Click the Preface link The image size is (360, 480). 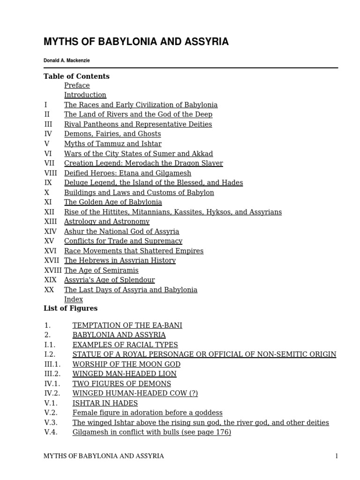point(77,85)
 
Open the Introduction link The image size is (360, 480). point(85,95)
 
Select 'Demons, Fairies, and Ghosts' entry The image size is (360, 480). point(112,134)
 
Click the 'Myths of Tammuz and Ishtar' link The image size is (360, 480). point(112,144)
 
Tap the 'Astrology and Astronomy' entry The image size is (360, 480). point(106,222)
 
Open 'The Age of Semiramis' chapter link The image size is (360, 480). point(101,270)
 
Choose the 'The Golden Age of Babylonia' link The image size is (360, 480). point(112,202)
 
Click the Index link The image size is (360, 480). point(73,300)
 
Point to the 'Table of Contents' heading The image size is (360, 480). point(76,76)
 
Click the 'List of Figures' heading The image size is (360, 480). point(70,308)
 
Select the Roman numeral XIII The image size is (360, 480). point(50,222)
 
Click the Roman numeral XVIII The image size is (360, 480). point(53,270)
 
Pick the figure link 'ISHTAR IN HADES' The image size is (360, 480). point(105,403)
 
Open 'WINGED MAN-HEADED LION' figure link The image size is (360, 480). point(124,374)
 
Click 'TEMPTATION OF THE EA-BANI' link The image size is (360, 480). point(127,325)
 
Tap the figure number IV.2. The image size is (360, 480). point(52,393)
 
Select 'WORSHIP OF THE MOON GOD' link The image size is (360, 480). point(126,364)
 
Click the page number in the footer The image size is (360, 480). point(336,456)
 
